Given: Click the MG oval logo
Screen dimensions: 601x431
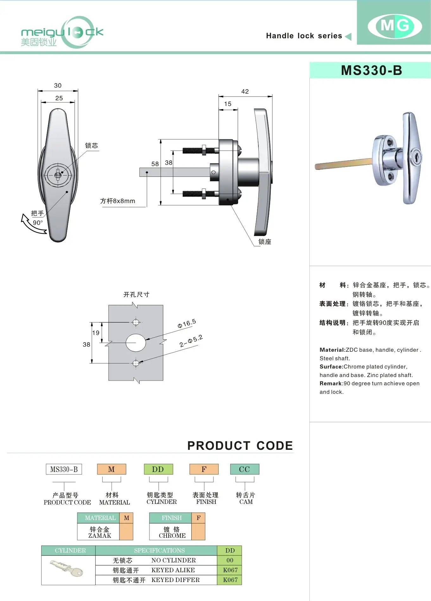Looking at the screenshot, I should [395, 26].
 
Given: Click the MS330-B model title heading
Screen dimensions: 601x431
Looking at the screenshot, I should [371, 70].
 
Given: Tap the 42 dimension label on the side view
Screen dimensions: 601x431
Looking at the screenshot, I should [245, 91].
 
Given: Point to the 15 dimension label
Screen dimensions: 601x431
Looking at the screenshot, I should [228, 104].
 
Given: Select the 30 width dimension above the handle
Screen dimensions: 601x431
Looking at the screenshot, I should [58, 85].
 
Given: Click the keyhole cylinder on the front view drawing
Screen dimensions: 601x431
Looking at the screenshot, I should [58, 175].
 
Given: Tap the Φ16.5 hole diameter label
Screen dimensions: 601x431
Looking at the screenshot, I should [187, 324].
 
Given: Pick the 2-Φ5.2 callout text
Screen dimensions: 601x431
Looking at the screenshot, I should [191, 341].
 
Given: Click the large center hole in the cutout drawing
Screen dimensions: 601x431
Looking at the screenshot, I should [136, 343].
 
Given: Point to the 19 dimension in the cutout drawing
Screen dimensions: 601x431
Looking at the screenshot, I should [96, 333].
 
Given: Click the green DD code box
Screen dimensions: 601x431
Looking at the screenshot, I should [158, 469].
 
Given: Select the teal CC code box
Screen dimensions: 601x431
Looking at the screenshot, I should [244, 469].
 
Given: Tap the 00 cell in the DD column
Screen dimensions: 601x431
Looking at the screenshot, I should [230, 560].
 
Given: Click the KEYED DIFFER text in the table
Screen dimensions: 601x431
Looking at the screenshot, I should [175, 580].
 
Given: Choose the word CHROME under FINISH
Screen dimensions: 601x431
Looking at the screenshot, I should [172, 536].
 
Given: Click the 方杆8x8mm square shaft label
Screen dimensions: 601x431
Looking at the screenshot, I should [117, 201].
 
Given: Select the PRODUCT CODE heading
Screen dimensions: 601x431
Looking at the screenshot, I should [240, 446].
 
